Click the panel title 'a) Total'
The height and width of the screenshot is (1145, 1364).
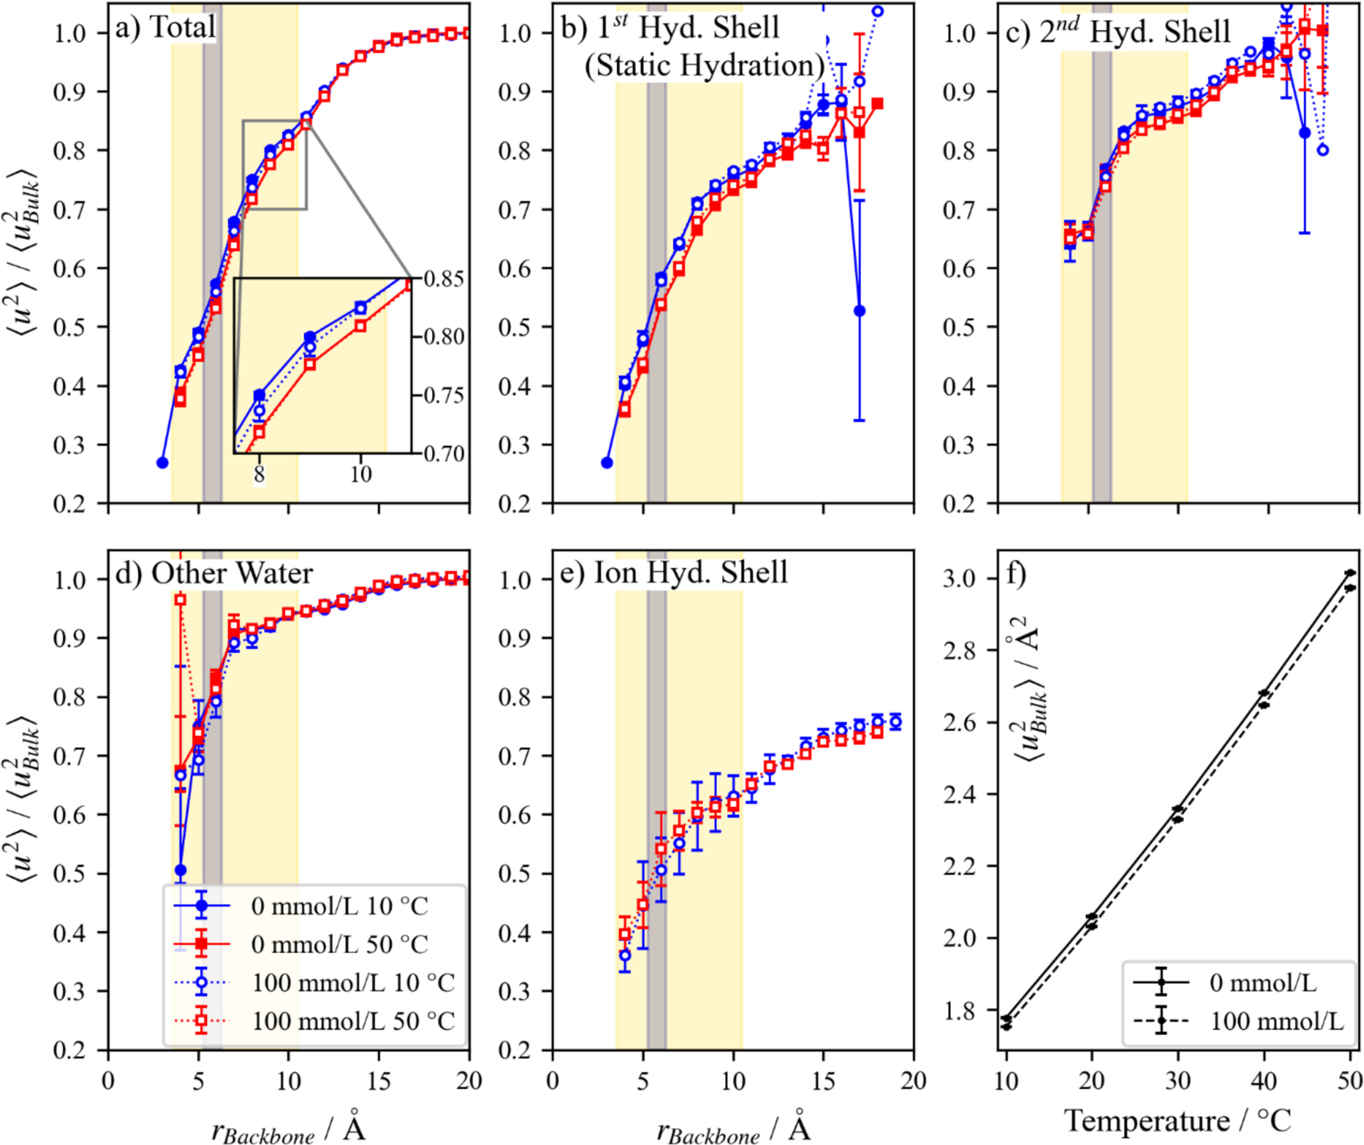point(165,28)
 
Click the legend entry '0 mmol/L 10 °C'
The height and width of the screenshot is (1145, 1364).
point(339,906)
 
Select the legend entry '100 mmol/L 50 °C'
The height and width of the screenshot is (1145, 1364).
point(353,1021)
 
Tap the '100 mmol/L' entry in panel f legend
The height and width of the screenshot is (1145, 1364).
point(1277,1021)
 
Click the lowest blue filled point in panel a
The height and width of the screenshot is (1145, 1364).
point(162,462)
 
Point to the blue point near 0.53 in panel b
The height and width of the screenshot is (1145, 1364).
point(859,311)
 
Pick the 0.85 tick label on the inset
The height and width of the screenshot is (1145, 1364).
point(444,279)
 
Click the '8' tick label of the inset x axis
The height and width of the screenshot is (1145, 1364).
point(259,474)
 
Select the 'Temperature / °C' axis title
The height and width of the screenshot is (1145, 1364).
point(1177,1120)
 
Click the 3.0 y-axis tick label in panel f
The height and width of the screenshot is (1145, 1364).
point(959,579)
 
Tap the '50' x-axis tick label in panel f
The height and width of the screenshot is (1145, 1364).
point(1350,1081)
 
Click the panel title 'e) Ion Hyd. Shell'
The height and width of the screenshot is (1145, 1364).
point(674,573)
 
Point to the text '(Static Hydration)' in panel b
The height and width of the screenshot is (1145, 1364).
point(704,66)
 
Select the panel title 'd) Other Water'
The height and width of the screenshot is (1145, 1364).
point(214,573)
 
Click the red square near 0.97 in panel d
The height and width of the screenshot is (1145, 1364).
point(180,599)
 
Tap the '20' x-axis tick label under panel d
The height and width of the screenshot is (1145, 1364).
point(469,1081)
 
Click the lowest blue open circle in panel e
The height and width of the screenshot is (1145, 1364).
point(624,956)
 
